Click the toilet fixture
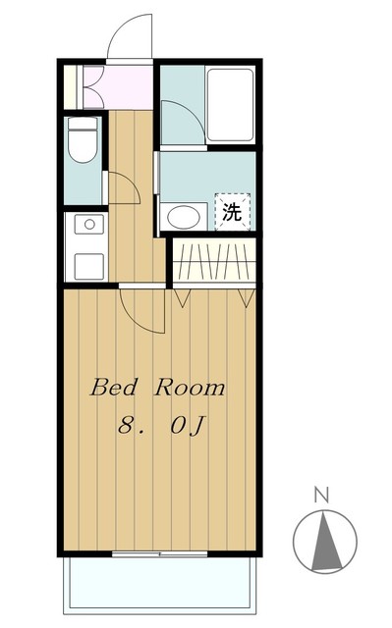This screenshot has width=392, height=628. [83, 141]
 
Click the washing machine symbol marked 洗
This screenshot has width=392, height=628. [232, 210]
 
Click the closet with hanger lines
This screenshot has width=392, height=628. [214, 262]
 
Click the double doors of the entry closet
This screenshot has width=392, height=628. [93, 87]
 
